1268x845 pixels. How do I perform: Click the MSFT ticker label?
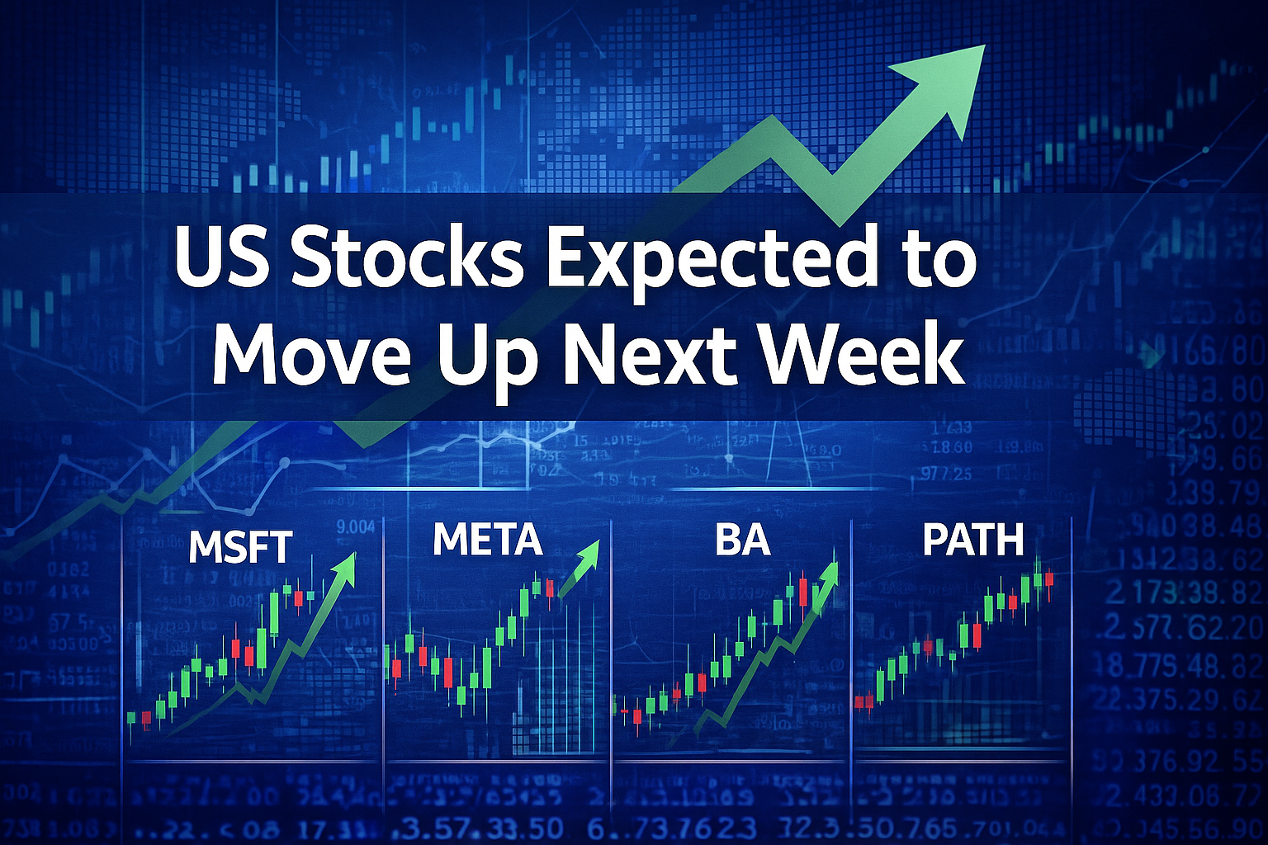(x=240, y=546)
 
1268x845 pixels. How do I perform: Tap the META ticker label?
(x=487, y=540)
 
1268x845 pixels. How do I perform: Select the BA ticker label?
(x=742, y=540)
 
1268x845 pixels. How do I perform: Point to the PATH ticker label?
(x=973, y=540)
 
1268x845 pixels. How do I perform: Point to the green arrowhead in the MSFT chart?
(x=346, y=567)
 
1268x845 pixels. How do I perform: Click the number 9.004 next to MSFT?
(x=357, y=526)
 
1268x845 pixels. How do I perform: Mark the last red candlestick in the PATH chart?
(x=1049, y=580)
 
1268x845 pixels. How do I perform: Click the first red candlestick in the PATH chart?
(x=864, y=701)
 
